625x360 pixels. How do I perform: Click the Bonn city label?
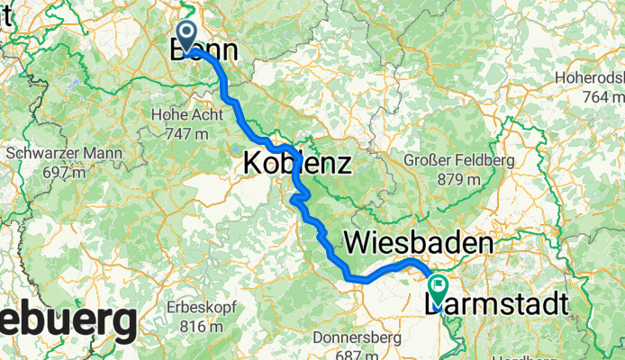[x=204, y=51]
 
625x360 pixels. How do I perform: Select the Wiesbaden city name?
[x=419, y=244]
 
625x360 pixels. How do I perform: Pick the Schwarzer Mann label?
[x=64, y=153]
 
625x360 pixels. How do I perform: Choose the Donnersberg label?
[x=355, y=338]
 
